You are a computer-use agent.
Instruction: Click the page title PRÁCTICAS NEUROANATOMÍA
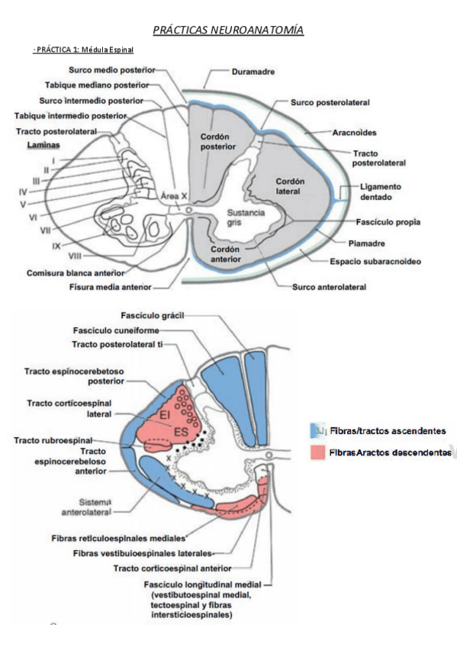(x=228, y=31)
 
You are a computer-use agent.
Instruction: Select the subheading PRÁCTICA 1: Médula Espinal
(x=84, y=50)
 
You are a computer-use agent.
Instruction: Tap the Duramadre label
(x=253, y=72)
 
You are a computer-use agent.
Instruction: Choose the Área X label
(x=173, y=196)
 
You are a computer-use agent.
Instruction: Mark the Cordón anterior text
(x=226, y=253)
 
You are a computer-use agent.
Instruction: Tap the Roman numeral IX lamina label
(x=56, y=246)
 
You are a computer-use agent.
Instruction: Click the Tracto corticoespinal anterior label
(x=172, y=568)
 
